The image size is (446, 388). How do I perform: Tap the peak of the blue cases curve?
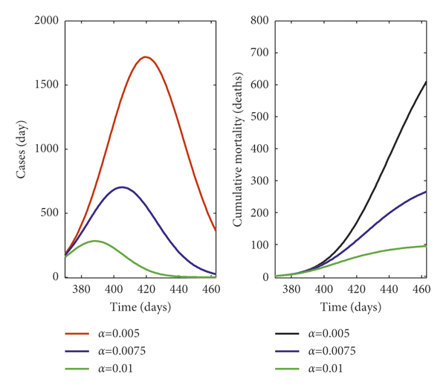[121, 187]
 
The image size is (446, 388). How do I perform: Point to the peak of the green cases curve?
[95, 241]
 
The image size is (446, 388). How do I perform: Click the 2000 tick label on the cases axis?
[46, 20]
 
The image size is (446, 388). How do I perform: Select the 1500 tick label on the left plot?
[46, 85]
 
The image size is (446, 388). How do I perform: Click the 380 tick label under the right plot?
[294, 288]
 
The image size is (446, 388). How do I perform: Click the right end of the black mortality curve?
[425, 82]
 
